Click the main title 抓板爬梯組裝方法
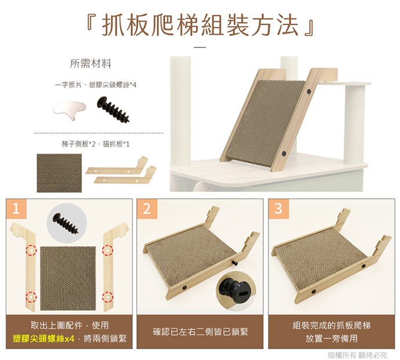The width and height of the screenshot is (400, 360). point(200,25)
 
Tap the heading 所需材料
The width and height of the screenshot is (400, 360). point(90,64)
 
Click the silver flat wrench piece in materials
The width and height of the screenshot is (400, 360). point(69,110)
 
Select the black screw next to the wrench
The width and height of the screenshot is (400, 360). point(113,109)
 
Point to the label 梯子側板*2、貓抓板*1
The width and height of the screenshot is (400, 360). point(96,144)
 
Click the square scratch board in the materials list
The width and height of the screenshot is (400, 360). point(59,173)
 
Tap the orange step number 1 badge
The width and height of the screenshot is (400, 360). point(16,209)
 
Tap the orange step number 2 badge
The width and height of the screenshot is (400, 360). point(147,209)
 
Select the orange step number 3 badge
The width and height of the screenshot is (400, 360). point(278,209)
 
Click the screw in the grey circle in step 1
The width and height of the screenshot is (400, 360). point(66,223)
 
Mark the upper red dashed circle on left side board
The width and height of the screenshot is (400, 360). point(31,250)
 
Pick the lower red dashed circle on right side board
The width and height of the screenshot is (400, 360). point(107,297)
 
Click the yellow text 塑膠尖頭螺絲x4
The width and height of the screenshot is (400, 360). point(43,339)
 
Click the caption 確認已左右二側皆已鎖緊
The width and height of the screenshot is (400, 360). point(200,332)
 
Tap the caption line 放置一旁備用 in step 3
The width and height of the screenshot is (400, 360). point(332,339)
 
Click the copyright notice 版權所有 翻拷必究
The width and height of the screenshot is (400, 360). point(357,355)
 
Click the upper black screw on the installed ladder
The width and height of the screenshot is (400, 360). point(309,91)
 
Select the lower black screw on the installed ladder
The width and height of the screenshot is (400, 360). point(283,154)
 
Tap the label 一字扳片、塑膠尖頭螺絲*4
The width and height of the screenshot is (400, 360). point(96,85)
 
